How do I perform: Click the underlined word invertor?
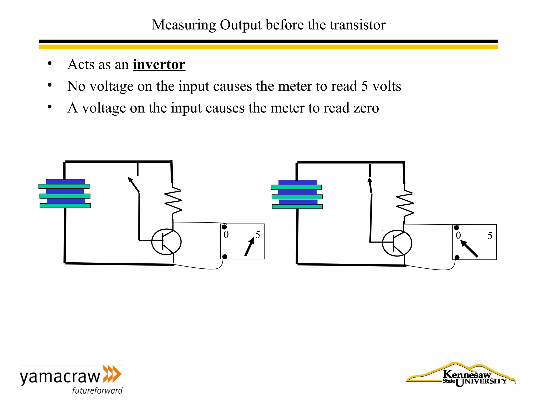point(159,65)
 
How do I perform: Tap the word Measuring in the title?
point(184,25)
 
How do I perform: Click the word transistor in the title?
point(358,25)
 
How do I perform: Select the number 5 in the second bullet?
point(364,86)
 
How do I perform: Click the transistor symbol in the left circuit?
point(166,242)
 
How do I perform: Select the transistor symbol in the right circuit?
point(397,243)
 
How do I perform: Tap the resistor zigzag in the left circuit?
point(173,200)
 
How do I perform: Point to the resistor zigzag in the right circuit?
point(405,203)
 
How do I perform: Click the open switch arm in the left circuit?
point(134,185)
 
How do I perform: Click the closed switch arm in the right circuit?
point(370,186)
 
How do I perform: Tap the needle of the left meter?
point(249,247)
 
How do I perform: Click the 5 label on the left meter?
point(258,235)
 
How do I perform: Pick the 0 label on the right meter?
point(458,235)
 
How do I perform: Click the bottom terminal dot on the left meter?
point(225,257)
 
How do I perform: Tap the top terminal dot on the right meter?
point(456,228)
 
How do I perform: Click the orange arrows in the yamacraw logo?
point(112,374)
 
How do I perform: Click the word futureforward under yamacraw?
point(97,390)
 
